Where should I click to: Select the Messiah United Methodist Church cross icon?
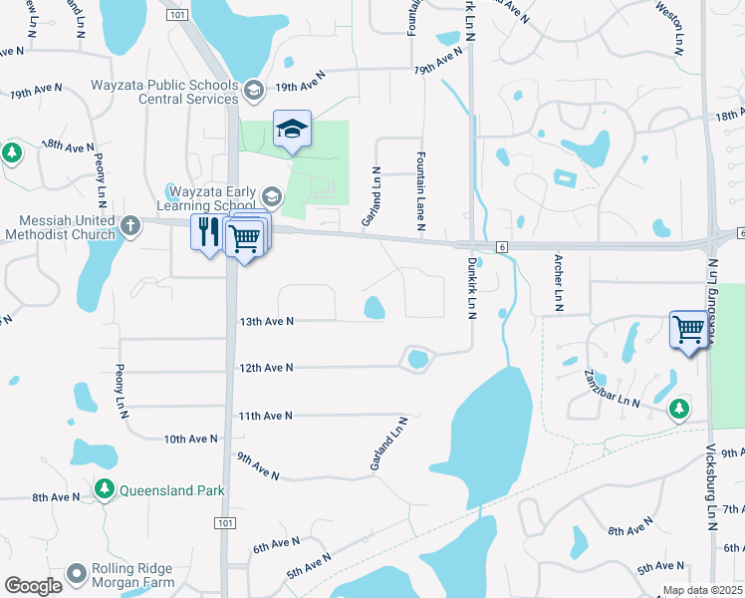point(129,224)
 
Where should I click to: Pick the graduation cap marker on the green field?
point(292,129)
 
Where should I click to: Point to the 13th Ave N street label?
point(266,322)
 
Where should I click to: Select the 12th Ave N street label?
point(266,368)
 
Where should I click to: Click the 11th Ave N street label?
point(266,416)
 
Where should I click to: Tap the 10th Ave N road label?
point(191,439)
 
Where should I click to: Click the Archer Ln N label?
point(559,283)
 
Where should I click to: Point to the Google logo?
point(33,586)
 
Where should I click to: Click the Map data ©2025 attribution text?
point(701,591)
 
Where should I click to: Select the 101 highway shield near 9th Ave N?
point(225,523)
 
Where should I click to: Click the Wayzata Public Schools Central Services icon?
point(254,92)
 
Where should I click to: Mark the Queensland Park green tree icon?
point(105,489)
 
